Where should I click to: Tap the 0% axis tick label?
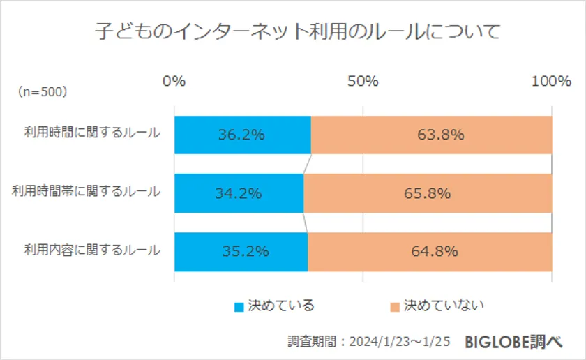click(x=174, y=81)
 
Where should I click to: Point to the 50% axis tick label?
click(x=363, y=81)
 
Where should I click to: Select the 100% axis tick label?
click(x=551, y=81)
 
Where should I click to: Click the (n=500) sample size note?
click(x=43, y=91)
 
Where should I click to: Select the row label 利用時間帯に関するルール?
click(x=87, y=192)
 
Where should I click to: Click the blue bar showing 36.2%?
click(x=242, y=135)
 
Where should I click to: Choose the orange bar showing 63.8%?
click(x=431, y=135)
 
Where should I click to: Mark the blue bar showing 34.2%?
click(x=239, y=193)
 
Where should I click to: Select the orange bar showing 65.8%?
click(x=428, y=193)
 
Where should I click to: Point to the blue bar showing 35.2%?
click(x=241, y=251)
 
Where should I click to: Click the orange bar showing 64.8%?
click(x=430, y=251)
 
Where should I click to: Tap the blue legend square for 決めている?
click(x=239, y=306)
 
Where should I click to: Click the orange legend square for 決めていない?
click(x=395, y=306)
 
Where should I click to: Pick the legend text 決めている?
click(x=281, y=306)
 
